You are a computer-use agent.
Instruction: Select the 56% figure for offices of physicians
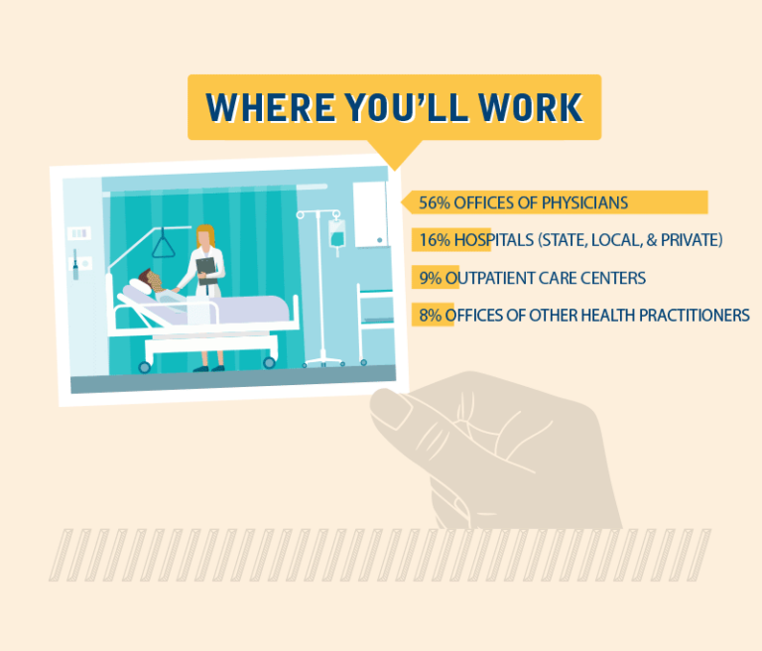(x=435, y=202)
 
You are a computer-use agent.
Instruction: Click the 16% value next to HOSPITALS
(x=435, y=240)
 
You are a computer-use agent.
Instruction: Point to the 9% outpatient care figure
(x=430, y=278)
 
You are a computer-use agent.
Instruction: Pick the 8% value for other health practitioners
(x=430, y=316)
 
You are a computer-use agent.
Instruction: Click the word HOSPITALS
(x=494, y=240)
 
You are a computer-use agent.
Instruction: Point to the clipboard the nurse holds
(x=206, y=271)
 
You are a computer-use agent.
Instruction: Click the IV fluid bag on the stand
(x=336, y=234)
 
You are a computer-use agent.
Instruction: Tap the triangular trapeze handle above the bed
(x=164, y=243)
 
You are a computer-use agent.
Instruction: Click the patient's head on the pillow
(x=150, y=281)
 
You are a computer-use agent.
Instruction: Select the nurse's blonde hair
(x=205, y=235)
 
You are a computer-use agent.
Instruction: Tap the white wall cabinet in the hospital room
(x=370, y=214)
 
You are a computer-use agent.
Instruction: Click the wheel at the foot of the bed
(x=269, y=362)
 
